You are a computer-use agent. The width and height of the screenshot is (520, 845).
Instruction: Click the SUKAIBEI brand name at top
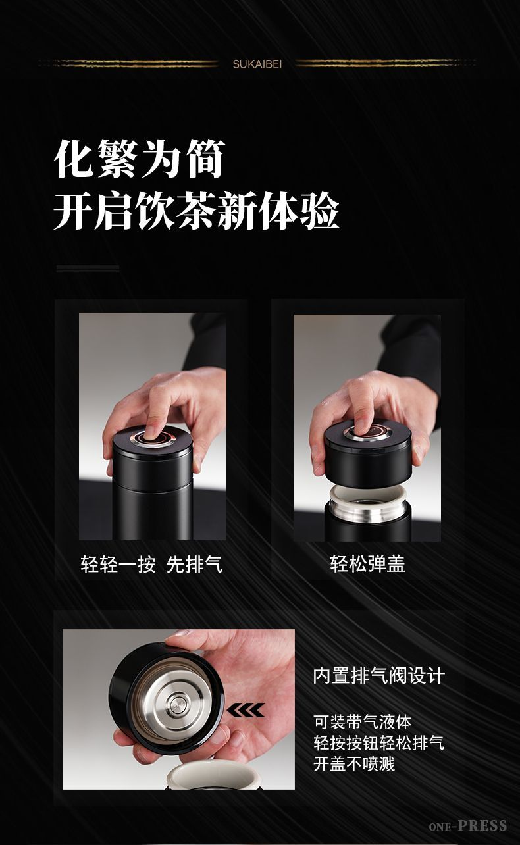point(257,64)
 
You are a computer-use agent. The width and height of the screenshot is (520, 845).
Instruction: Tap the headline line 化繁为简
point(140,159)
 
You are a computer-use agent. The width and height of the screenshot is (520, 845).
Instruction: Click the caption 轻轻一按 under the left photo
point(118,565)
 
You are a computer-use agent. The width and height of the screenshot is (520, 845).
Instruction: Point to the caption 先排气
point(194,565)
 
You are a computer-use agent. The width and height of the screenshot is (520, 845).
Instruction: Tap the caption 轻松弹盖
point(367,564)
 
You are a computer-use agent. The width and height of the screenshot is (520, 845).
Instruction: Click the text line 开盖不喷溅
point(354,764)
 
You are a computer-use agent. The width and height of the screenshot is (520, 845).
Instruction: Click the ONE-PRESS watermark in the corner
point(467,826)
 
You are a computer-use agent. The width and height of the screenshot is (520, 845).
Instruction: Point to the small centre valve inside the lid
point(176,705)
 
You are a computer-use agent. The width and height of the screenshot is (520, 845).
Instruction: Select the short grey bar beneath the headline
point(88,269)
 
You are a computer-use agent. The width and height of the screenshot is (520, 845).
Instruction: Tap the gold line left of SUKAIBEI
point(128,64)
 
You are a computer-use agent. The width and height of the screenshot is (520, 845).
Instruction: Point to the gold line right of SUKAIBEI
point(386,64)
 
